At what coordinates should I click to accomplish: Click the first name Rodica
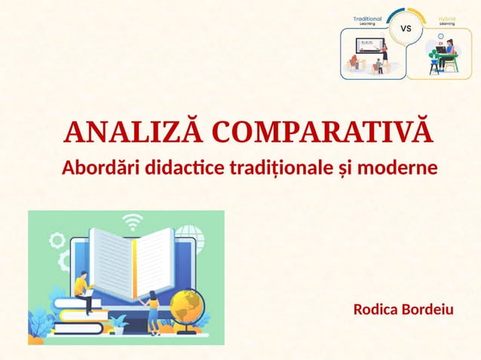pos(376,310)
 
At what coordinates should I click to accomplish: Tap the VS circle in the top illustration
pos(405,29)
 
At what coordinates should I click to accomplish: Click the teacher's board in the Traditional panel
pos(369,44)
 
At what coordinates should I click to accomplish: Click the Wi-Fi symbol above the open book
pos(133,223)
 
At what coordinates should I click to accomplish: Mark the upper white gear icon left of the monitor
pos(57,241)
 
